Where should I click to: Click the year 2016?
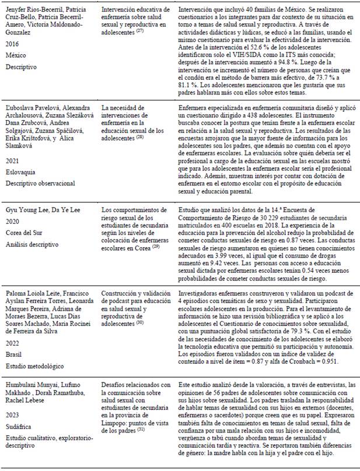[12, 43]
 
